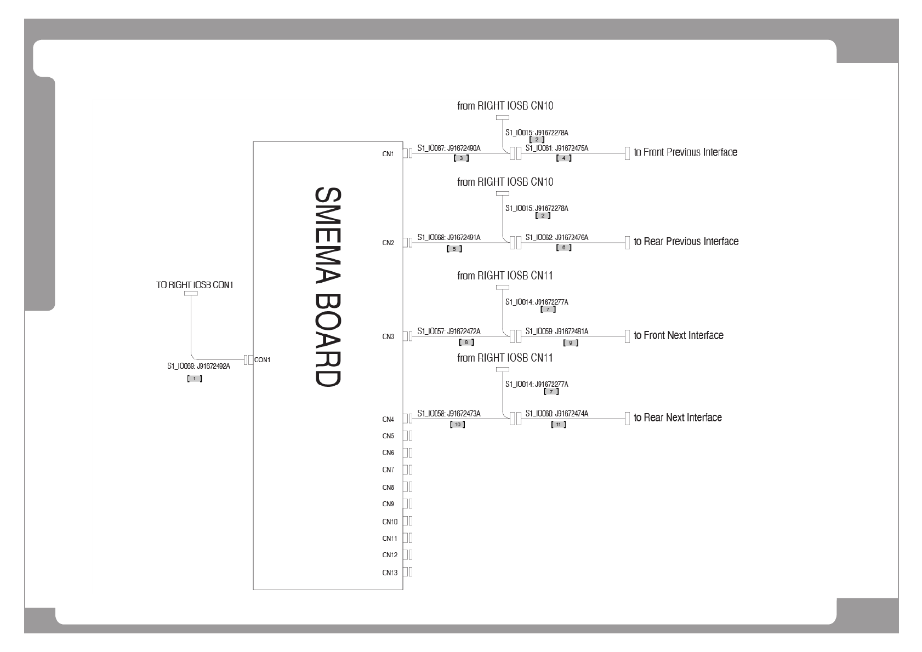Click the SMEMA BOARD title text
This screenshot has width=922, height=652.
[328, 288]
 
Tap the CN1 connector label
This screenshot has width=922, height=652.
[388, 154]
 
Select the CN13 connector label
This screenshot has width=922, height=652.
[390, 573]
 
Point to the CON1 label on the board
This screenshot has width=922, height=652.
[263, 360]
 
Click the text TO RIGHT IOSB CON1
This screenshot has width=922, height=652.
[195, 285]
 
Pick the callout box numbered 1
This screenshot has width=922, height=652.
[195, 379]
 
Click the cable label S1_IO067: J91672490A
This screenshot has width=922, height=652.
[448, 148]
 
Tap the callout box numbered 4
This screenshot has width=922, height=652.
[564, 158]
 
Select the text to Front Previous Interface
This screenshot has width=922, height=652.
[685, 152]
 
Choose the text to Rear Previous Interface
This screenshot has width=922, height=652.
[686, 242]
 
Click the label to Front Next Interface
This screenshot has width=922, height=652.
[678, 335]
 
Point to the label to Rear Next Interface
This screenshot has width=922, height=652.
[678, 417]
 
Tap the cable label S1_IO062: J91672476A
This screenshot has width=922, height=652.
[556, 237]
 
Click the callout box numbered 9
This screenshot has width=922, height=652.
[571, 343]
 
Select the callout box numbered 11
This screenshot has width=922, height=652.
[558, 425]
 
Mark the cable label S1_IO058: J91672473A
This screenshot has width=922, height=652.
[448, 414]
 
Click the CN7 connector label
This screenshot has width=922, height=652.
[388, 470]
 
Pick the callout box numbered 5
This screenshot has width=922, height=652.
[454, 249]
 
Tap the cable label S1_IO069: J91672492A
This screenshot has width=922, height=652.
[198, 367]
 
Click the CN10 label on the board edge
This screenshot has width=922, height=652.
[390, 522]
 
